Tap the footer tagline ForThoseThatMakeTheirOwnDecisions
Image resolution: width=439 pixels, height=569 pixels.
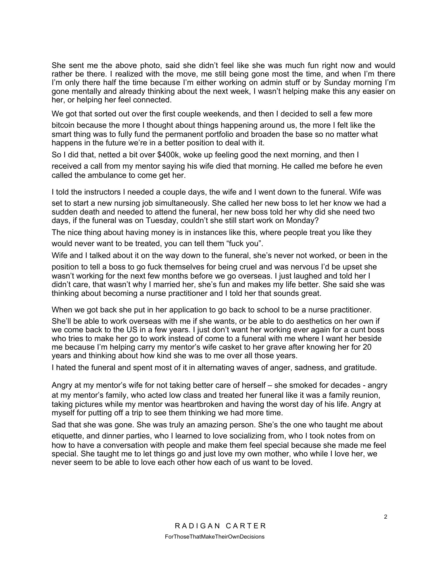coord(215,537)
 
